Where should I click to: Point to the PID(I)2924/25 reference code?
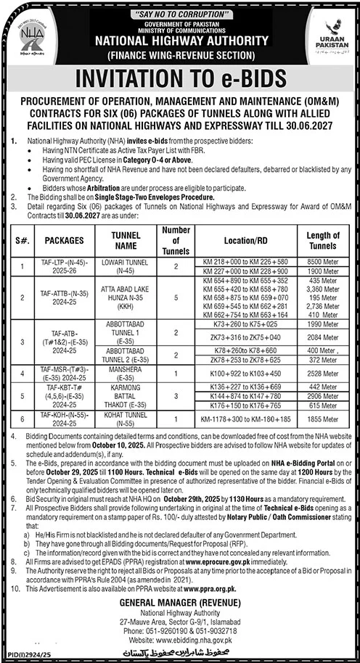tap(28, 655)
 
